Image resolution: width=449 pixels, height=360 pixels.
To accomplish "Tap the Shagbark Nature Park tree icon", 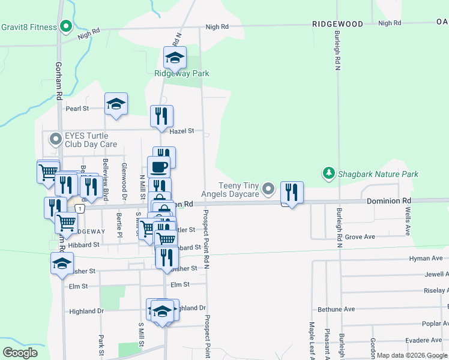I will (x=328, y=174).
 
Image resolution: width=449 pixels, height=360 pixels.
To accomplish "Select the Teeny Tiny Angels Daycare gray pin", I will (x=270, y=190).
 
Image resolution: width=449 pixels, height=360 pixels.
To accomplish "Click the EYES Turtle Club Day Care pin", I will (x=56, y=140).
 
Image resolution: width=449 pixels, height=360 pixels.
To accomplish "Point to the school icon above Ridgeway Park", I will (x=175, y=58).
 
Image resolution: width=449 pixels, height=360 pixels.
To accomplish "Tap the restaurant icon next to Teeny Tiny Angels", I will (x=292, y=192).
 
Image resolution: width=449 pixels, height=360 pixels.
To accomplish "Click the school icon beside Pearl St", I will (x=116, y=104).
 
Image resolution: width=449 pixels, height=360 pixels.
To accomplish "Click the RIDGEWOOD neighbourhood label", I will (x=337, y=23).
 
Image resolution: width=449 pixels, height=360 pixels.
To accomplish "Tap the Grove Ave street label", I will (x=360, y=237).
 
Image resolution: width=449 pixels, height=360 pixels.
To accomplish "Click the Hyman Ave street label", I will (x=426, y=258).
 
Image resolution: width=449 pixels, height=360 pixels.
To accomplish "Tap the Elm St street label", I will (x=179, y=285).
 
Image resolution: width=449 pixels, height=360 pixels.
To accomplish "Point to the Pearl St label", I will (x=77, y=109).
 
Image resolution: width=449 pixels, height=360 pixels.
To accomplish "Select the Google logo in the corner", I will (x=20, y=352).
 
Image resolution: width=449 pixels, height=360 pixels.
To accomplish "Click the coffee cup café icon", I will (x=158, y=167).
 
